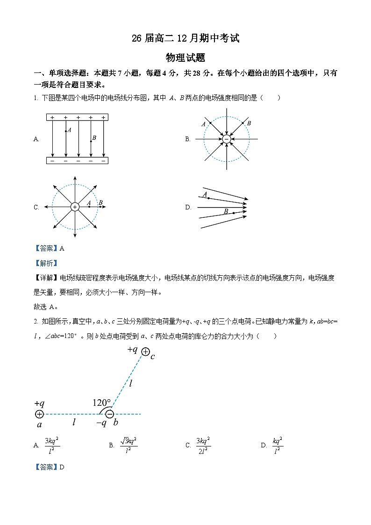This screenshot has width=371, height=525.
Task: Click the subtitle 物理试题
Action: click(185, 58)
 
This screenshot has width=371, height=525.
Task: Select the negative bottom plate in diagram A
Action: click(77, 160)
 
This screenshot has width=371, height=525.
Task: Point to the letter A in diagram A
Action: click(69, 130)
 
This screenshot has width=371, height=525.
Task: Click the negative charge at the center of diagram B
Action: click(227, 139)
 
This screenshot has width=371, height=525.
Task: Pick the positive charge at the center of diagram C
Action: click(75, 207)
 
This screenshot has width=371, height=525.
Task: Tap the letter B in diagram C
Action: click(100, 202)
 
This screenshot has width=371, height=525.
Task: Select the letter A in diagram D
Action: click(205, 194)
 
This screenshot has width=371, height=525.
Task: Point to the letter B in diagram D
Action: click(226, 212)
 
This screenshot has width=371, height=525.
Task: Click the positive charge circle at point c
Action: click(146, 352)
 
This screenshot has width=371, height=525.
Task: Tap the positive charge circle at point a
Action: click(39, 414)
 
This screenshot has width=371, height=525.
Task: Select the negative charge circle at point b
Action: click(109, 414)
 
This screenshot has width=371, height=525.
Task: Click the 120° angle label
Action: click(101, 403)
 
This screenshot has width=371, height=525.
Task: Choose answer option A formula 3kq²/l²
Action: click(52, 445)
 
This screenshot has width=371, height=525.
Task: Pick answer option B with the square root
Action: click(128, 445)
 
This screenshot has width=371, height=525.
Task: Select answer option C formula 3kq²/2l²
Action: click(203, 445)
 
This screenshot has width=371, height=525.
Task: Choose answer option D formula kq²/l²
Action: click(278, 445)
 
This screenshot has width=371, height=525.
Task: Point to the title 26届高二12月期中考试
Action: click(185, 38)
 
